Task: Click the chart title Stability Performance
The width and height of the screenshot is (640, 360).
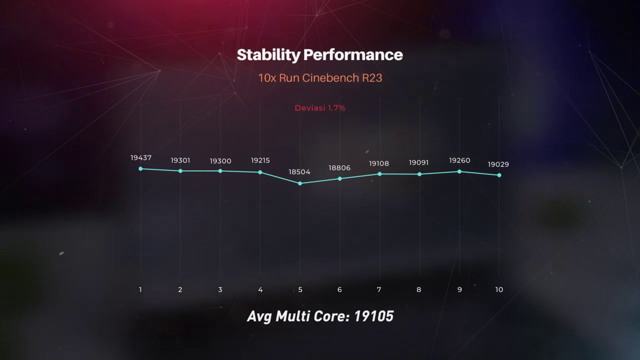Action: pos(319,55)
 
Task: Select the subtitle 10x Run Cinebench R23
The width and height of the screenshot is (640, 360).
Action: pos(320,78)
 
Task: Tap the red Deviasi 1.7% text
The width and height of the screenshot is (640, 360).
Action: pos(320,107)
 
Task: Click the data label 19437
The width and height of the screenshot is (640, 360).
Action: pos(141,158)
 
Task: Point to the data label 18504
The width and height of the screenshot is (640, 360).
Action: pos(299,172)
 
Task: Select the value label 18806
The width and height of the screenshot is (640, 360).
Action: pos(339,168)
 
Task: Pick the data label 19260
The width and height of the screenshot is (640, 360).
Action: pos(459,160)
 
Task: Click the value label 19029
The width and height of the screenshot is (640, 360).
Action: pos(498,164)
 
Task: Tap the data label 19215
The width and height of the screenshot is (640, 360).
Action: pos(260,160)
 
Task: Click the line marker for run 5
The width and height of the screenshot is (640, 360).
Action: pos(300,183)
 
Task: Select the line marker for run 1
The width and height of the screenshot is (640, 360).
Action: pos(140,168)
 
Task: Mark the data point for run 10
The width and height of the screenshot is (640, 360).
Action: pos(499,175)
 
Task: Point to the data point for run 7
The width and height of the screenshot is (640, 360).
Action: pos(379,174)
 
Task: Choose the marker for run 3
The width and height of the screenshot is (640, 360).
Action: pos(220,171)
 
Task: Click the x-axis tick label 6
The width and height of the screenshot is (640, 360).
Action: pos(339,289)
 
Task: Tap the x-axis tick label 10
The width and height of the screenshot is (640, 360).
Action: pos(499,289)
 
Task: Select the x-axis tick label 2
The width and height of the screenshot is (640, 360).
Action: pos(180,289)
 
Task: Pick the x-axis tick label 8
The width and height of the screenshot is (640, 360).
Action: pos(419,289)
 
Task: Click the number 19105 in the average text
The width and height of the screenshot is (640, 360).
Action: pos(373,316)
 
